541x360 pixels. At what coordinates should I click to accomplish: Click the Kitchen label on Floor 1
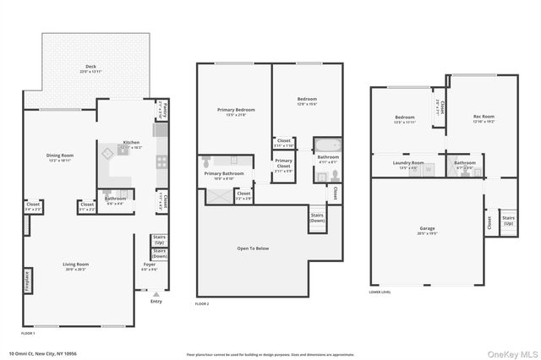pyautogui.click(x=131, y=145)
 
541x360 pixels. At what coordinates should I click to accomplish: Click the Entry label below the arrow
pyautogui.click(x=156, y=301)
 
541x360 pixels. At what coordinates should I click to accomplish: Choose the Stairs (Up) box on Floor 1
pyautogui.click(x=159, y=240)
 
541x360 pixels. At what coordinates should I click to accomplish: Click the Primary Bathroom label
pyautogui.click(x=224, y=176)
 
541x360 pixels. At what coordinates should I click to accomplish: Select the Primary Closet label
pyautogui.click(x=284, y=162)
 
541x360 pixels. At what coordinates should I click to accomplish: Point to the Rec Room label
pyautogui.click(x=483, y=117)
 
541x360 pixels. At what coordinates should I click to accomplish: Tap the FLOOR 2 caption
pyautogui.click(x=202, y=303)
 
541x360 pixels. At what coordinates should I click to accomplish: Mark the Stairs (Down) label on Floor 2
pyautogui.click(x=317, y=217)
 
